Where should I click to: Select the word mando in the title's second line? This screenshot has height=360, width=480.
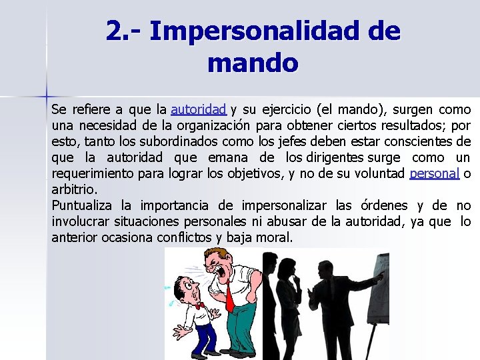click(x=253, y=63)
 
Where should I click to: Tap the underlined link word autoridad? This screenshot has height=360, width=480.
click(x=199, y=109)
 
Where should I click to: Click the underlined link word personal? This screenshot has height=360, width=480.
click(x=435, y=174)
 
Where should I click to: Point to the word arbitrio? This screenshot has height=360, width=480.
click(x=74, y=189)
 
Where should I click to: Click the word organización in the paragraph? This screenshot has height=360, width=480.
click(x=215, y=125)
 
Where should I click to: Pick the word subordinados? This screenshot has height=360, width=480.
click(x=183, y=141)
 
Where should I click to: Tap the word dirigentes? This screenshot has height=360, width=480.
click(x=336, y=158)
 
